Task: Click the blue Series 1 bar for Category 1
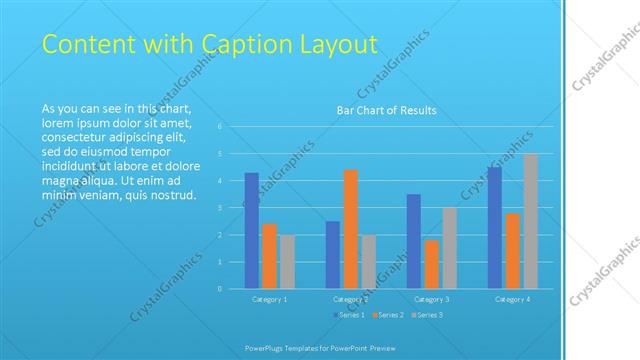coord(251,231)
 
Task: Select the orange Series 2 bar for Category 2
coord(350,229)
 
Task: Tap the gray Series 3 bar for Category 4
coord(530,221)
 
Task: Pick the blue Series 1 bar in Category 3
coord(413,241)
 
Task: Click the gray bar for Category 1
coord(287,262)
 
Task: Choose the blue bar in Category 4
coord(494,228)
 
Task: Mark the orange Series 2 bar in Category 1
coord(269,256)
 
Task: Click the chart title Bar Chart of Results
coord(386,110)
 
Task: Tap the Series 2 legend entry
coord(389,315)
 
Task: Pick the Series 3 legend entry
coord(427,315)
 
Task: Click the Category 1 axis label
coord(269,299)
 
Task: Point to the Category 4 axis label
coord(512,299)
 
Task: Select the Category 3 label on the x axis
coord(431,299)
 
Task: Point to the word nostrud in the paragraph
coord(174,195)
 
